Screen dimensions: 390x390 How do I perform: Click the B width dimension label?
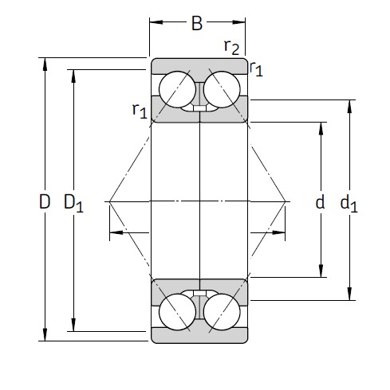click(196, 23)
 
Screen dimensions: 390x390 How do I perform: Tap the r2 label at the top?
click(231, 48)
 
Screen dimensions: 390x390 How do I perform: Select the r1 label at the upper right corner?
click(256, 70)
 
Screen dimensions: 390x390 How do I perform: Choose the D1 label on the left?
click(73, 204)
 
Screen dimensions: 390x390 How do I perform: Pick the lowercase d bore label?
click(320, 202)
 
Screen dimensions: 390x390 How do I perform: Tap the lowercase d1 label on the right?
click(349, 204)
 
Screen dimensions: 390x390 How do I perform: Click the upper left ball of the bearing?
click(175, 90)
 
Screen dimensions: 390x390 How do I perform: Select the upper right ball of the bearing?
click(221, 90)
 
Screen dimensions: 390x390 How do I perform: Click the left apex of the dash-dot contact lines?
click(107, 200)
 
